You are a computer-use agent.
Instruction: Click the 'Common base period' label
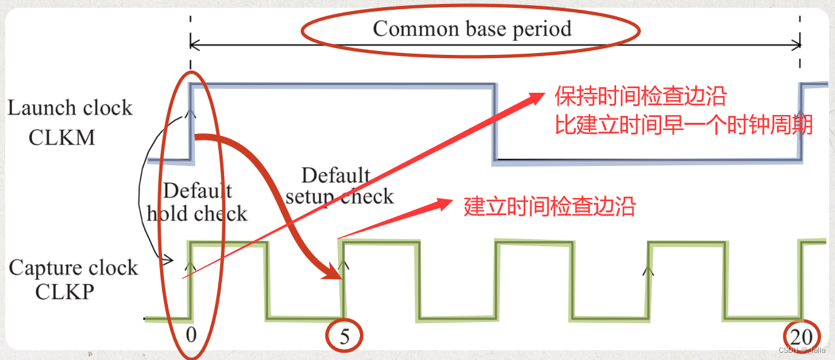pyautogui.click(x=472, y=29)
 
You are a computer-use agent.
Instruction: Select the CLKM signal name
pyautogui.click(x=62, y=137)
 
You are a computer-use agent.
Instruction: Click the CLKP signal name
pyautogui.click(x=65, y=291)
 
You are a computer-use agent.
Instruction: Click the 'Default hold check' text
pyautogui.click(x=197, y=202)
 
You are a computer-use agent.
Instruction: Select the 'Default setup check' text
pyautogui.click(x=339, y=186)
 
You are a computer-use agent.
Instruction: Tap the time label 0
pyautogui.click(x=190, y=335)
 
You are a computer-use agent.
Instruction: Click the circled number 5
pyautogui.click(x=344, y=336)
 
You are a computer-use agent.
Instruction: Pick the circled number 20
pyautogui.click(x=801, y=336)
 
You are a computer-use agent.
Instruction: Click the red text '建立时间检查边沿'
pyautogui.click(x=549, y=207)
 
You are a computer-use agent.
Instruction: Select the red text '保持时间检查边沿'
pyautogui.click(x=640, y=97)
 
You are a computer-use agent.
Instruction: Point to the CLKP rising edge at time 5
pyautogui.click(x=342, y=281)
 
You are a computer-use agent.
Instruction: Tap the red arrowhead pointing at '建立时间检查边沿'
pyautogui.click(x=444, y=206)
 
